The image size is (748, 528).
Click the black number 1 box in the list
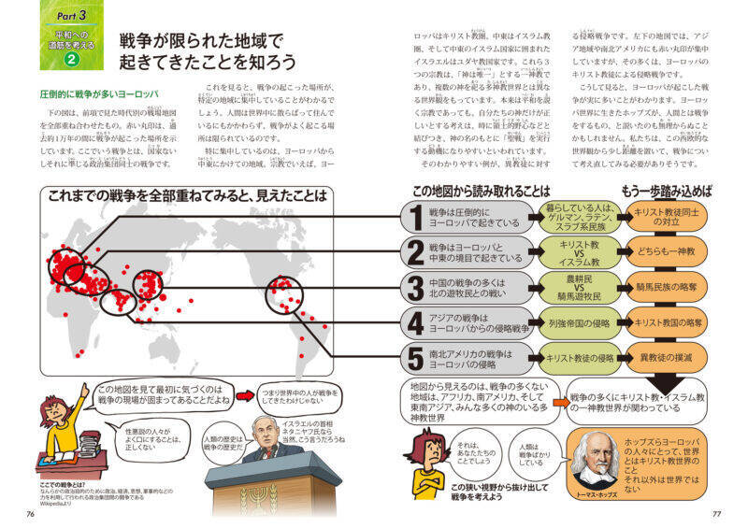pos(414,219)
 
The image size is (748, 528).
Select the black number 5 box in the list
pos(414,358)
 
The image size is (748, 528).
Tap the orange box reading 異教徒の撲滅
pos(668,357)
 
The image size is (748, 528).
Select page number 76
pos(31,513)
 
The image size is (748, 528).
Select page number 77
pos(716,513)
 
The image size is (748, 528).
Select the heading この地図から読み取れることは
pos(482,192)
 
